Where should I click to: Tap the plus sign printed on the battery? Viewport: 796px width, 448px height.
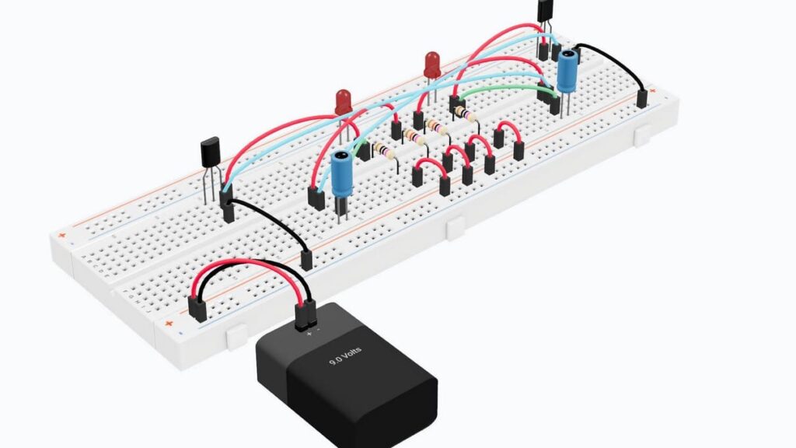tap(309, 333)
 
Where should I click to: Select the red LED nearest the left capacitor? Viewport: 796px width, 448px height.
tap(343, 101)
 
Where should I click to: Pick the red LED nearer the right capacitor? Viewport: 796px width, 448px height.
tap(432, 65)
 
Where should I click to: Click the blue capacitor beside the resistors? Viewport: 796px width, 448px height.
tap(340, 175)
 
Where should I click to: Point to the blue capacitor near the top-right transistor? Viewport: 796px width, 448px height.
tap(567, 71)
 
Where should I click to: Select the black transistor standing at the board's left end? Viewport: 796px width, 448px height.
tap(210, 152)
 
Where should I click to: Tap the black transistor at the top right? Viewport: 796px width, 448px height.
tap(546, 11)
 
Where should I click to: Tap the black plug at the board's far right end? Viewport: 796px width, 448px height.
tap(642, 99)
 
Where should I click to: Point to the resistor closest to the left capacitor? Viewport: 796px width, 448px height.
tap(383, 150)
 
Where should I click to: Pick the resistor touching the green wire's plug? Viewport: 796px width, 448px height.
tap(464, 113)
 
